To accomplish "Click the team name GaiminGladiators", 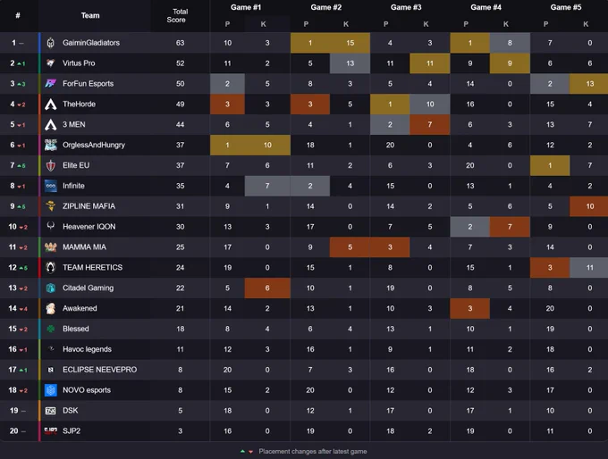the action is pyautogui.click(x=91, y=43).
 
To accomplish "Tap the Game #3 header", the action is pyautogui.click(x=406, y=7).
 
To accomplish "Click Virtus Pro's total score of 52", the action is pyautogui.click(x=181, y=63).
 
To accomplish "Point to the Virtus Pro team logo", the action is pyautogui.click(x=50, y=63).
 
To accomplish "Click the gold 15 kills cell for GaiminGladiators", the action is pyautogui.click(x=350, y=43).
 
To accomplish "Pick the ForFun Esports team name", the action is pyautogui.click(x=88, y=84).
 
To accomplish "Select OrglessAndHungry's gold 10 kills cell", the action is pyautogui.click(x=267, y=145).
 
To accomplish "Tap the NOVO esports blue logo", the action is pyautogui.click(x=50, y=390).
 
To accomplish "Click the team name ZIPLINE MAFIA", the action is pyautogui.click(x=89, y=206).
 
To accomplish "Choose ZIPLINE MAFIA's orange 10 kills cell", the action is pyautogui.click(x=588, y=206).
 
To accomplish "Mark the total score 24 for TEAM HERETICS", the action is pyautogui.click(x=181, y=268).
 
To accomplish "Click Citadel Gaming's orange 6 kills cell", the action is pyautogui.click(x=267, y=288).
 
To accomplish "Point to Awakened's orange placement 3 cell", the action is pyautogui.click(x=470, y=308).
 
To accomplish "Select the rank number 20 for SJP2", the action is pyautogui.click(x=14, y=431).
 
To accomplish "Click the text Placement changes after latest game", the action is pyautogui.click(x=313, y=451).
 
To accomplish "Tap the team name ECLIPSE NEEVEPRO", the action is pyautogui.click(x=99, y=370).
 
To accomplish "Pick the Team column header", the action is pyautogui.click(x=90, y=15).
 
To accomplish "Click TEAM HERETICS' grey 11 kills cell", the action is pyautogui.click(x=588, y=268).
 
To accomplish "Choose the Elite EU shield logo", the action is pyautogui.click(x=50, y=165).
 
